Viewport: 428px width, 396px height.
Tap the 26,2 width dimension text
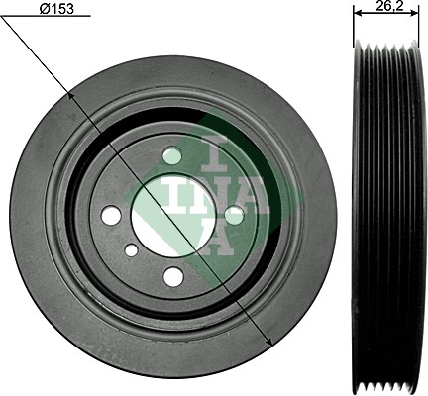coord(387,6)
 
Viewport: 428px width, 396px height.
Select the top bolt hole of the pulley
coord(172,155)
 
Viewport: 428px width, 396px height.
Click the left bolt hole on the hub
coord(111,215)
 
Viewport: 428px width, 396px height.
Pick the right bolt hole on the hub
coord(234,214)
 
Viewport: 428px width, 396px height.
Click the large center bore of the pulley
coord(172,215)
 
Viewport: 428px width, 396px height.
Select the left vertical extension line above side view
coord(355,25)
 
